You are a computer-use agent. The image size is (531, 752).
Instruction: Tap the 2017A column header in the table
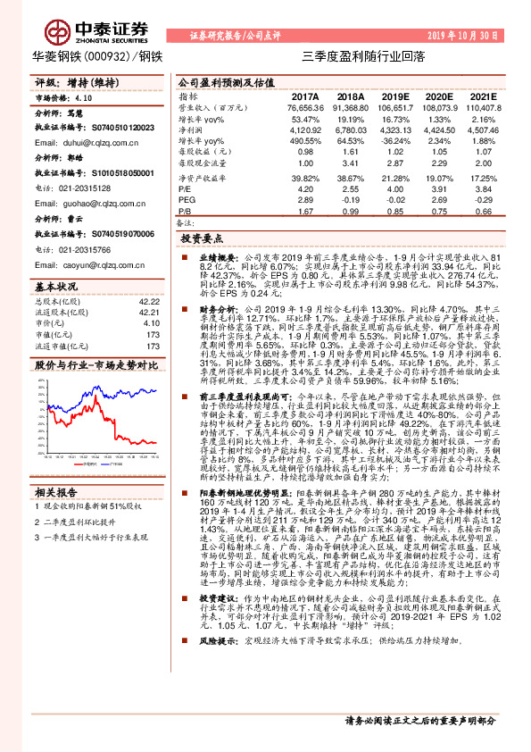[x=304, y=96]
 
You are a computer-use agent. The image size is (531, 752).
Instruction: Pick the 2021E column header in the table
[x=482, y=96]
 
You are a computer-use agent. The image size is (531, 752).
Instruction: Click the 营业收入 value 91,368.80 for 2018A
[x=350, y=107]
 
